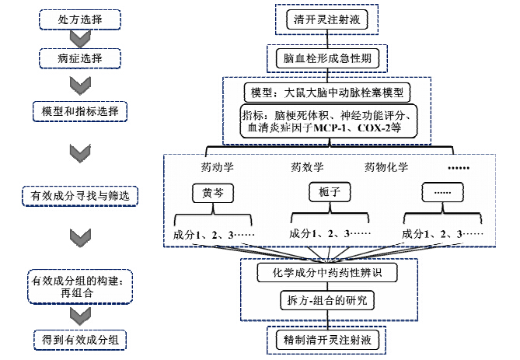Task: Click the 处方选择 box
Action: coord(80,19)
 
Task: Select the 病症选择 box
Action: coord(80,58)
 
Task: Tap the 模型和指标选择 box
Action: coord(80,111)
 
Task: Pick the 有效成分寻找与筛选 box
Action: coord(80,196)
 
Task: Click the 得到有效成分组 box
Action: coord(80,340)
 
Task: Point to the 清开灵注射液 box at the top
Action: coord(327,19)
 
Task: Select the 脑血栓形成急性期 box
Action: coord(327,58)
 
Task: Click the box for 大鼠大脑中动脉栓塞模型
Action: coord(327,93)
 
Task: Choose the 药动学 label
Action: coord(217,167)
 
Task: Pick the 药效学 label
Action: coord(307,167)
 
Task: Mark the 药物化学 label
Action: coord(386,167)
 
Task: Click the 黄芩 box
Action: coord(213,193)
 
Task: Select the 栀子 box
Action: coord(330,192)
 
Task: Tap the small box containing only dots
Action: coord(442,192)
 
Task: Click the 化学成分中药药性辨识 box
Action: coord(327,272)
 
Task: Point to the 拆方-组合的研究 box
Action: coord(327,300)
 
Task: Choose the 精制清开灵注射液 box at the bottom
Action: coord(327,340)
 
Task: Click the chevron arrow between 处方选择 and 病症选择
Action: coord(80,39)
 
